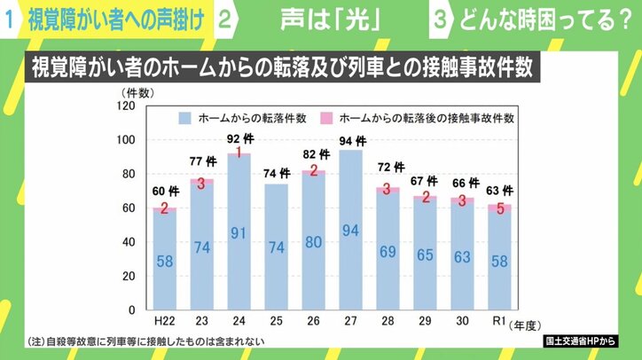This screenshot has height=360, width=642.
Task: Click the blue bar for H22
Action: point(164,261)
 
